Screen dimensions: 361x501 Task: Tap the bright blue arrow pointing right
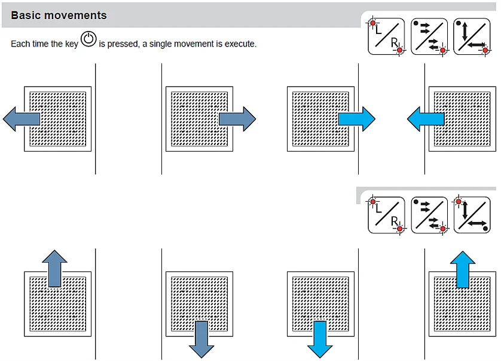[x=358, y=119]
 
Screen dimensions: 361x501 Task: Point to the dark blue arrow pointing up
[x=54, y=267]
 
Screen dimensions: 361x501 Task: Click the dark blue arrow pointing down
[x=201, y=339]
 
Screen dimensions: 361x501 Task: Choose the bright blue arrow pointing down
[x=320, y=339]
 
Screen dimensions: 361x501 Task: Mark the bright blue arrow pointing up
[x=463, y=269]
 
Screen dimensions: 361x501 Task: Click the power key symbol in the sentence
[x=88, y=40]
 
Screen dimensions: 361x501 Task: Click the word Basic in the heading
[x=25, y=16]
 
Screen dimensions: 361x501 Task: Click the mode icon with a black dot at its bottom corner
[x=472, y=215]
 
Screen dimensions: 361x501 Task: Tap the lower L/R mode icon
[x=386, y=215]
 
